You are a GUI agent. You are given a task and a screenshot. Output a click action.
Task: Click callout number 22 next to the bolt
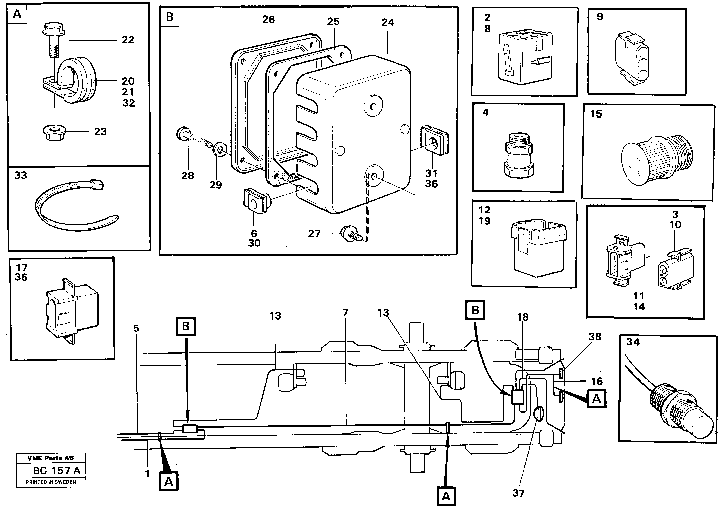(x=128, y=40)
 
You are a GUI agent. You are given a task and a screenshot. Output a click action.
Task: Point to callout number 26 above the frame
(x=268, y=20)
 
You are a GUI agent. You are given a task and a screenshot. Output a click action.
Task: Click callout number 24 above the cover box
(x=388, y=22)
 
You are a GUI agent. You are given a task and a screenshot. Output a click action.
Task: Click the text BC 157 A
(x=56, y=470)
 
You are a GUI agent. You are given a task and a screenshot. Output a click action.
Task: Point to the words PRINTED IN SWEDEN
(x=51, y=482)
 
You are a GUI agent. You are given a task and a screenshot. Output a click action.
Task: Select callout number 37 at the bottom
(x=518, y=493)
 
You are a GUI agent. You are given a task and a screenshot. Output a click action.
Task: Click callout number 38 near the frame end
(x=595, y=337)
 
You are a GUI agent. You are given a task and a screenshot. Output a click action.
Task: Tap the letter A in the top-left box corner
(x=17, y=14)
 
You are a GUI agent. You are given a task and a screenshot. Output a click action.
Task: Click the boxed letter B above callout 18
(x=475, y=310)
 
